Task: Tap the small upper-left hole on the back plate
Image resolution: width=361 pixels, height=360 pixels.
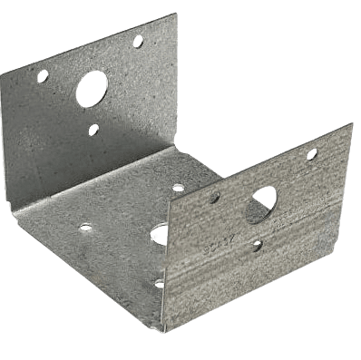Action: (43, 77)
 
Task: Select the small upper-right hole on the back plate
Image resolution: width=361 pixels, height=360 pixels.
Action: (138, 42)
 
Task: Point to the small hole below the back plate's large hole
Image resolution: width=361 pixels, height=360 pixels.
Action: (93, 130)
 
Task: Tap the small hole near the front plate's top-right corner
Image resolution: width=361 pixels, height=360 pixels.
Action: (311, 154)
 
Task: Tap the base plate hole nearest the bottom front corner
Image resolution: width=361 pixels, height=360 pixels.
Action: (160, 284)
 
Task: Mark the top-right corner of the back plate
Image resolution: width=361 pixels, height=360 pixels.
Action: (175, 15)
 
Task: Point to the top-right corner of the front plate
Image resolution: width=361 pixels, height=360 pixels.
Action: (353, 123)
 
